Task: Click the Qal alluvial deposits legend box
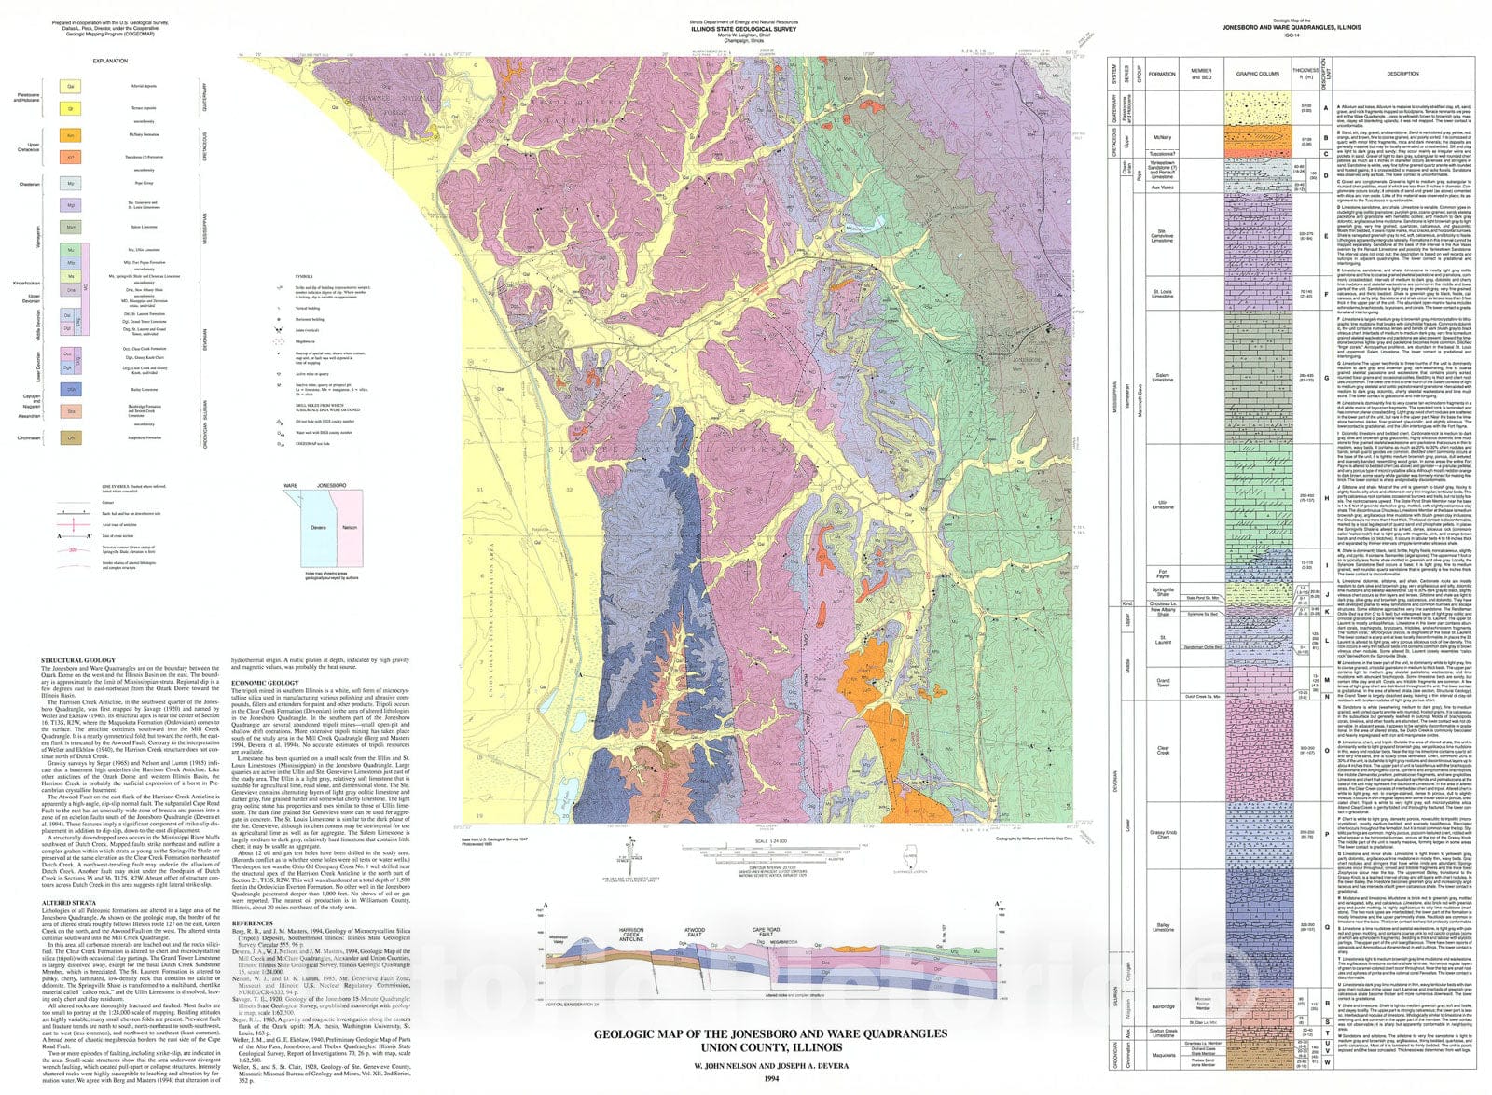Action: point(71,86)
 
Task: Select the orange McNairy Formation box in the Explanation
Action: point(71,135)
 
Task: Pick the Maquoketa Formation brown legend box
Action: point(71,437)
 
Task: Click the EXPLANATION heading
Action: point(110,61)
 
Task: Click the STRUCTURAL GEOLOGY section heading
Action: point(78,660)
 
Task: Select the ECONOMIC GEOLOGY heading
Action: point(265,683)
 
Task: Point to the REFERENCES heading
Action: point(252,922)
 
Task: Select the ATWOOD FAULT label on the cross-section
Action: point(695,932)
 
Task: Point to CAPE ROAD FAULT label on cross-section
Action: point(766,932)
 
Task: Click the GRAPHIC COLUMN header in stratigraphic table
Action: point(1257,73)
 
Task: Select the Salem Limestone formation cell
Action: point(1162,377)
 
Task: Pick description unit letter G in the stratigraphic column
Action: point(1325,377)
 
